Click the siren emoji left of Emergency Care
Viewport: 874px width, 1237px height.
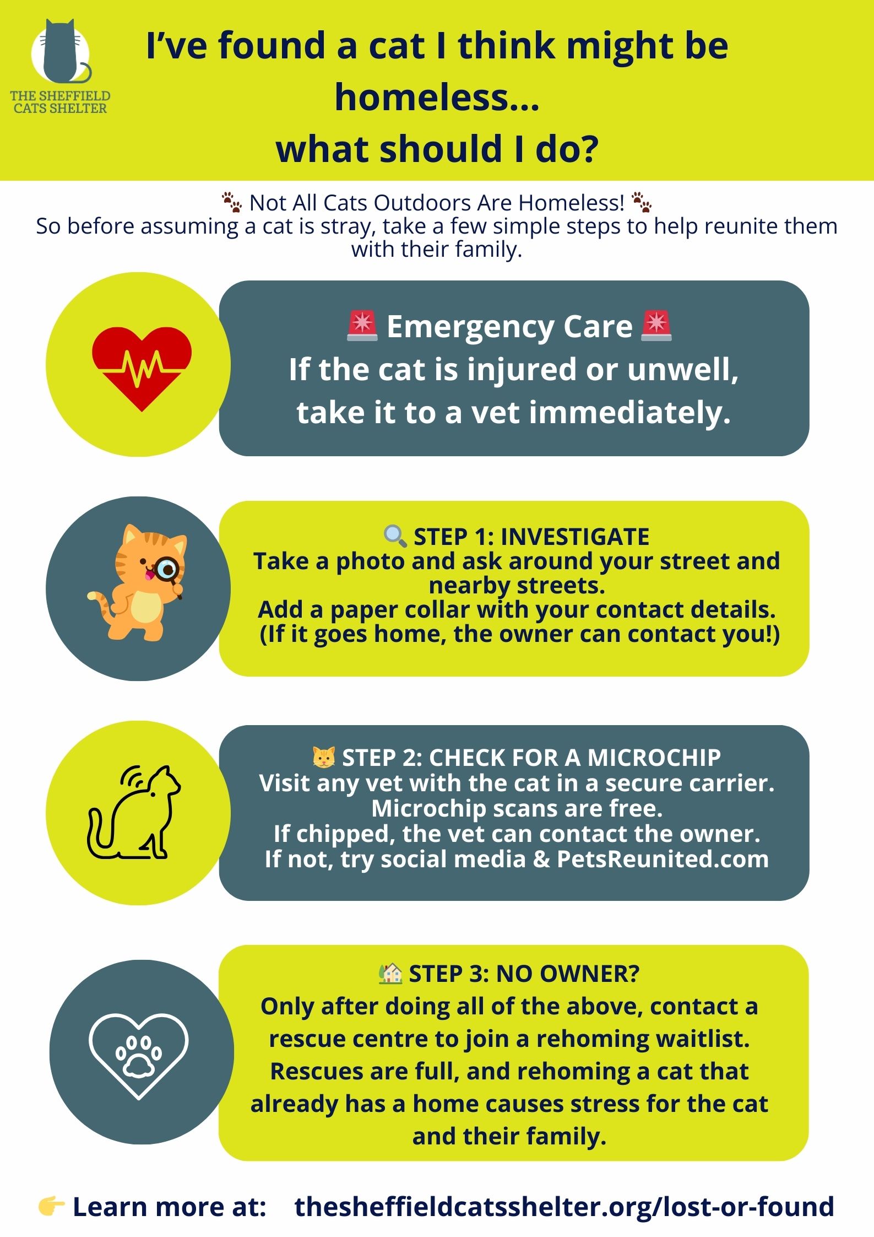coord(362,326)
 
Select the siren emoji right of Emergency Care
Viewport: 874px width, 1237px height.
coord(656,326)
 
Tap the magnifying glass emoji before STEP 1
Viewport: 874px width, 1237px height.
coord(395,536)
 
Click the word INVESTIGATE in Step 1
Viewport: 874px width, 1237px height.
coord(575,537)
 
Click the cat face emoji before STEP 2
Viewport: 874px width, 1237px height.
coord(324,757)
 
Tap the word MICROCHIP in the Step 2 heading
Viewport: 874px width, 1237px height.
coord(654,758)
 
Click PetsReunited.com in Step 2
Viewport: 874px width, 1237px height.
coord(663,859)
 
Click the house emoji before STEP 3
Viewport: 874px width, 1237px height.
coord(390,974)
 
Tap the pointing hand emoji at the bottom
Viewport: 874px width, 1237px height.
coord(51,1207)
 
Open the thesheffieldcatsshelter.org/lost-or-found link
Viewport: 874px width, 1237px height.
coord(564,1207)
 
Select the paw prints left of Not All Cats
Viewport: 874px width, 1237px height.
coord(232,203)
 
